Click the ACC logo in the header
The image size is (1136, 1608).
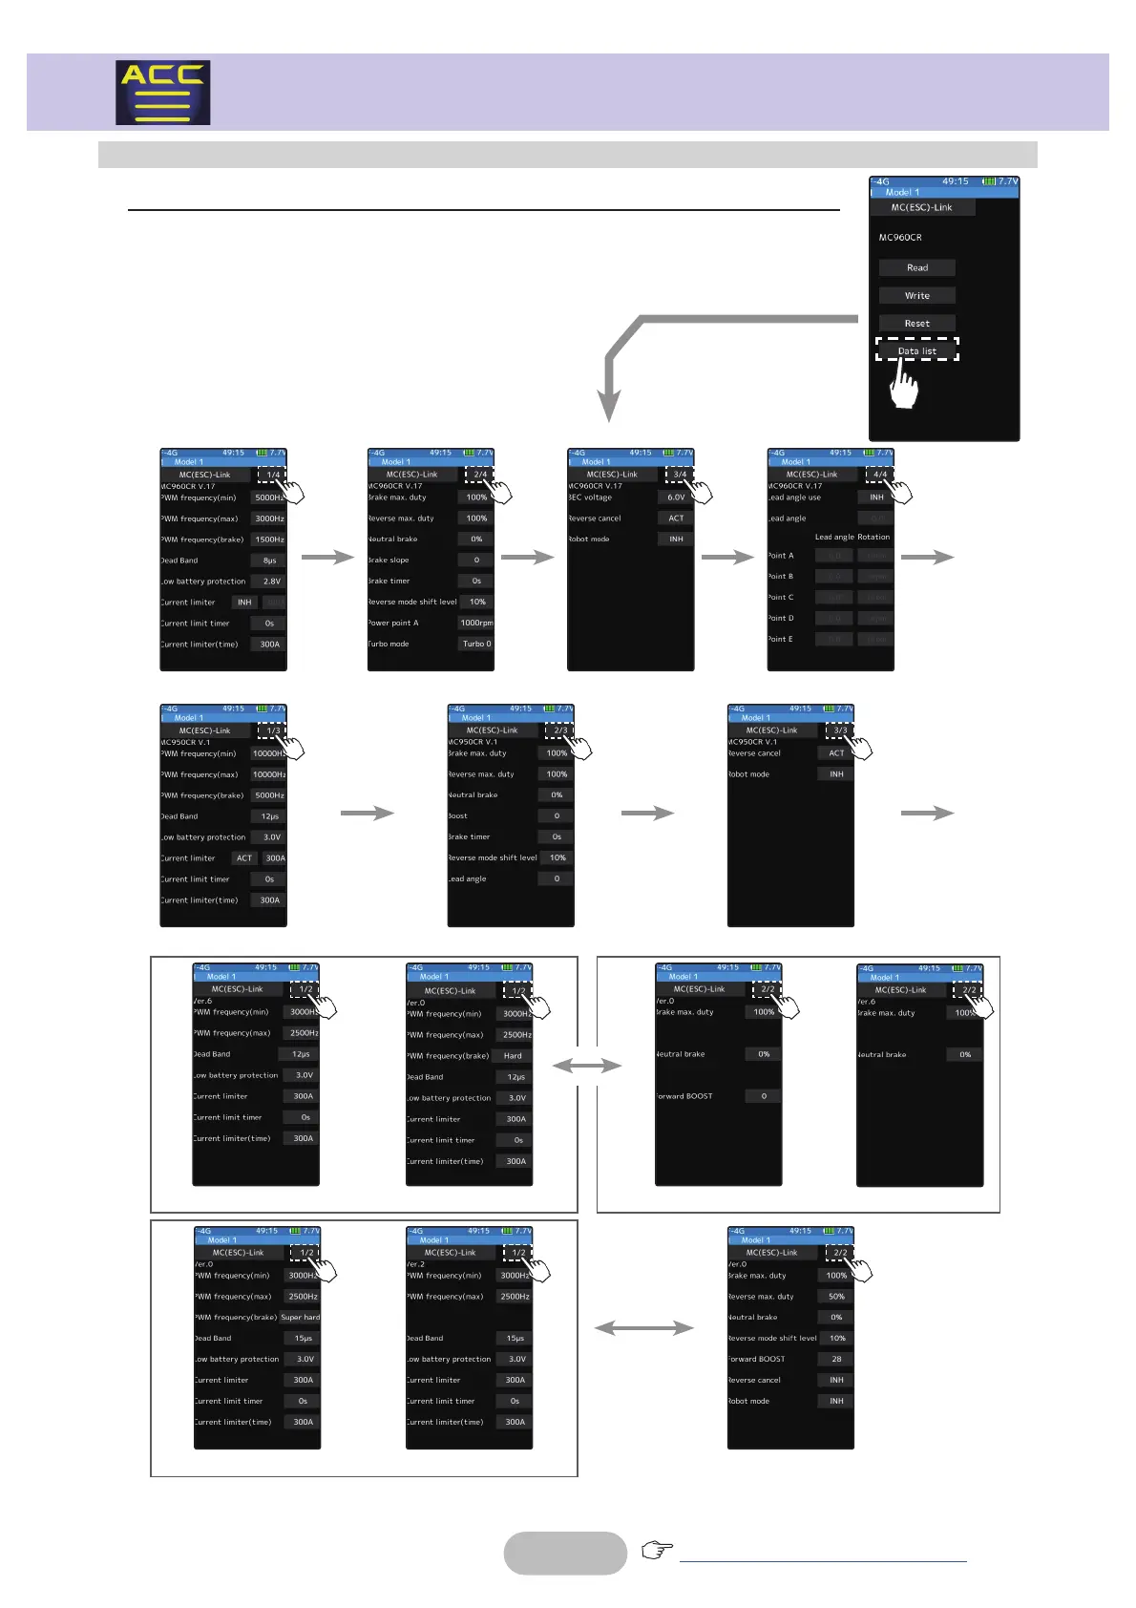point(163,93)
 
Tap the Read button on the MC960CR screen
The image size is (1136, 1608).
point(916,268)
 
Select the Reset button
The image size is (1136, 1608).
point(916,324)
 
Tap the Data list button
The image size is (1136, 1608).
point(916,350)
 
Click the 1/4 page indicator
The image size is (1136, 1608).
point(273,475)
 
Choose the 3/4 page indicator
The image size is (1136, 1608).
point(680,475)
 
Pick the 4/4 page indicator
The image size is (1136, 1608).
point(879,475)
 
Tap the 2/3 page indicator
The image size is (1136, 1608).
point(560,730)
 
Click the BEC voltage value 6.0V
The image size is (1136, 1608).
point(676,497)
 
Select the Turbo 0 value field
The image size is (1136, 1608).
point(476,644)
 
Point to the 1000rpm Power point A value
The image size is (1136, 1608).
point(476,623)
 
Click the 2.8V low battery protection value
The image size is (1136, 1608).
point(271,582)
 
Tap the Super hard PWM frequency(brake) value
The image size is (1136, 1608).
point(300,1318)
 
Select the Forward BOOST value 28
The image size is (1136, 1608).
point(836,1359)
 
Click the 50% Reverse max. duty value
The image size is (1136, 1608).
point(836,1297)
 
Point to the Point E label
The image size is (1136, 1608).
point(781,639)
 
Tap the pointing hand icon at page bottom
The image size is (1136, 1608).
point(657,1549)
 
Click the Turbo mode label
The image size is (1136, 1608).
point(389,644)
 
